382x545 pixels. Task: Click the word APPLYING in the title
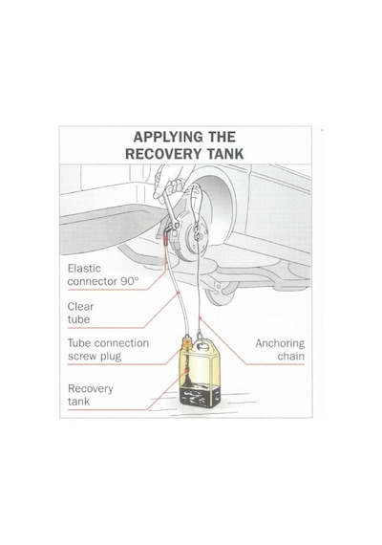pyautogui.click(x=168, y=137)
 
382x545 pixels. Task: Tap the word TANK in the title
pyautogui.click(x=225, y=154)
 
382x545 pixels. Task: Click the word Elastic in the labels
pyautogui.click(x=84, y=269)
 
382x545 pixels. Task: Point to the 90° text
pyautogui.click(x=130, y=281)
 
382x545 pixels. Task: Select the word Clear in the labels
pyautogui.click(x=80, y=307)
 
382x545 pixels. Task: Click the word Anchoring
pyautogui.click(x=280, y=344)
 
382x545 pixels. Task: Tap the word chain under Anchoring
pyautogui.click(x=291, y=357)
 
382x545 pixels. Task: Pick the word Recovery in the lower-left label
pyautogui.click(x=91, y=389)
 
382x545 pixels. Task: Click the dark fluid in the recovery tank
pyautogui.click(x=200, y=396)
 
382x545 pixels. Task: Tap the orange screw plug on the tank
pyautogui.click(x=187, y=342)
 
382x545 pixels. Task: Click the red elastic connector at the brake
pyautogui.click(x=166, y=238)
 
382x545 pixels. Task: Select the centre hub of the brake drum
pyautogui.click(x=197, y=234)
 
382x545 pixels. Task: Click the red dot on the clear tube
pyautogui.click(x=179, y=293)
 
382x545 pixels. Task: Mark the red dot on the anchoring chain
pyautogui.click(x=200, y=317)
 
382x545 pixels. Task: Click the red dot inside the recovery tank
pyautogui.click(x=187, y=371)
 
